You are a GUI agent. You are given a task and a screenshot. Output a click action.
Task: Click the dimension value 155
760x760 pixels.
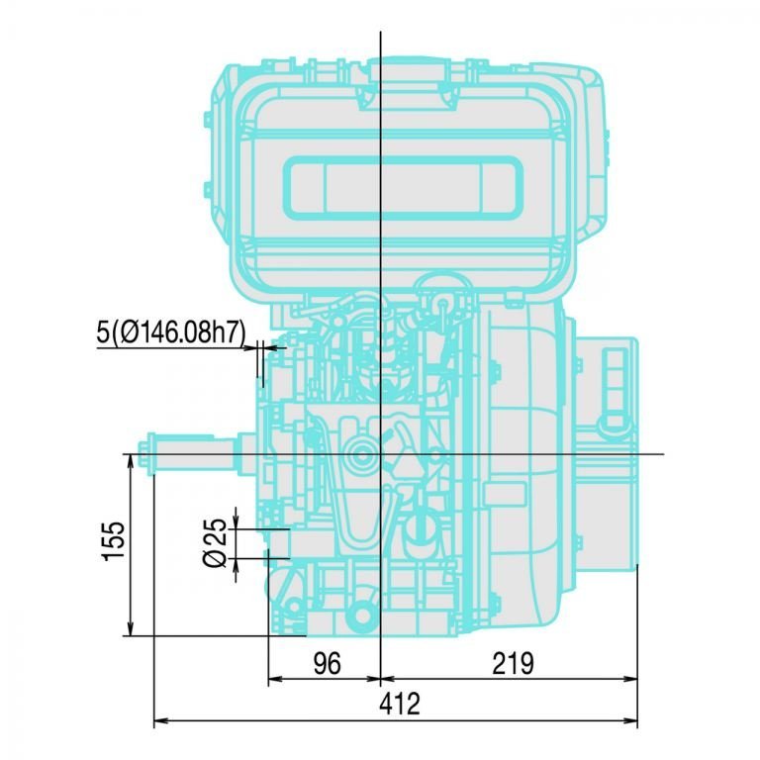click(x=115, y=541)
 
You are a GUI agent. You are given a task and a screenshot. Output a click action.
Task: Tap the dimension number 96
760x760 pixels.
click(x=328, y=664)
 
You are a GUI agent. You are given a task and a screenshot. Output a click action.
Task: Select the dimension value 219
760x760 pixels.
click(x=513, y=664)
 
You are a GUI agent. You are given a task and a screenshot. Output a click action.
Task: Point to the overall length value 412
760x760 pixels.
click(x=400, y=705)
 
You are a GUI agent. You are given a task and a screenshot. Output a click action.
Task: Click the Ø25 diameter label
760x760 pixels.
click(x=215, y=543)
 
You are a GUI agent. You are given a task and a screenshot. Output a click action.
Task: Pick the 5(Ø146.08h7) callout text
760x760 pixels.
click(x=171, y=332)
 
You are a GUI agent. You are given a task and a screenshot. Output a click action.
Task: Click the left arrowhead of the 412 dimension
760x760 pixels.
click(x=161, y=720)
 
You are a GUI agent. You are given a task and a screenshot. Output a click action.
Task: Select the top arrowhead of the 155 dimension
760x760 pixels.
click(x=131, y=462)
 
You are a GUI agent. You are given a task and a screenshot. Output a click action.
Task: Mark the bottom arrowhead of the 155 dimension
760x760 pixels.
click(x=131, y=628)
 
